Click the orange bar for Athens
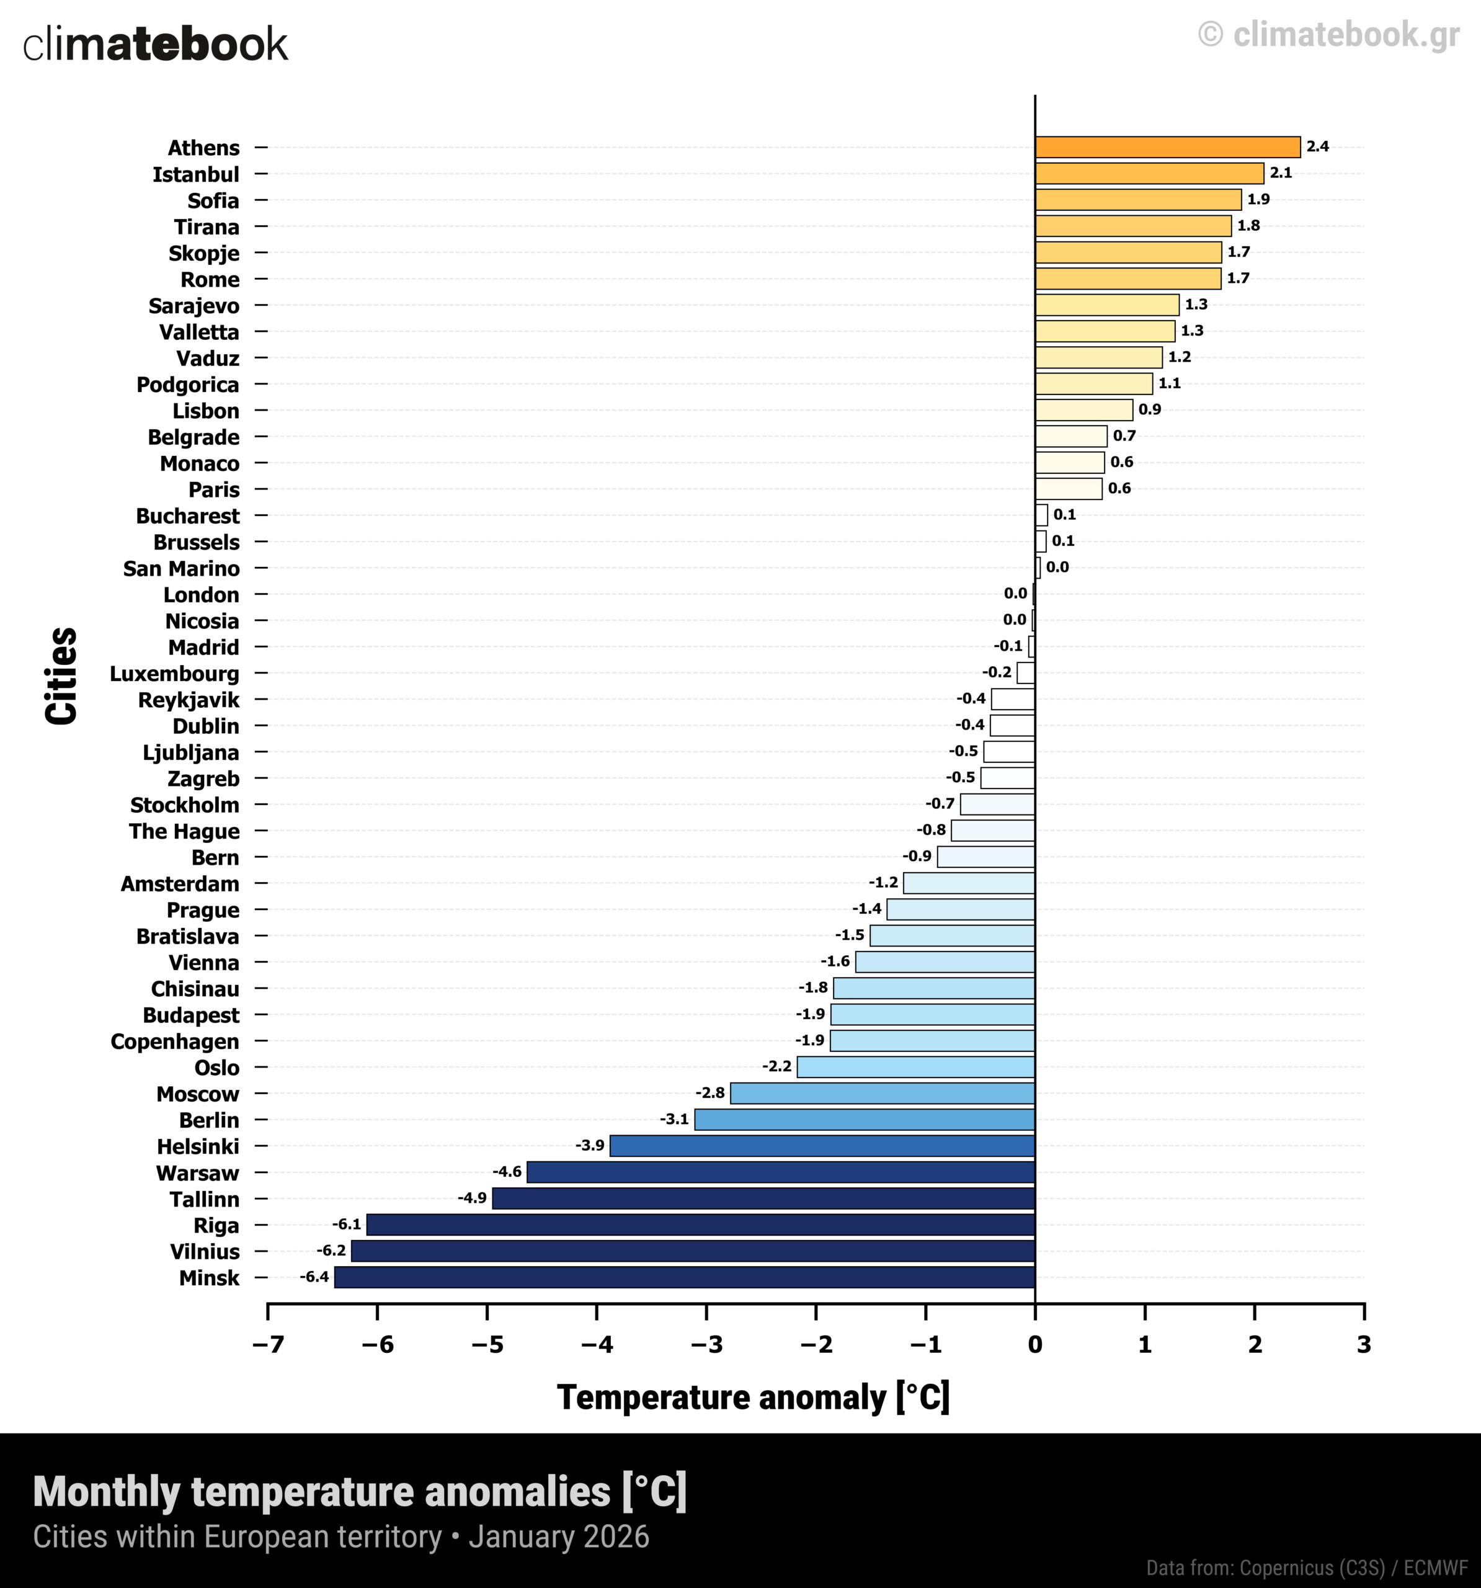(x=1167, y=147)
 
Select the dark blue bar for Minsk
(x=685, y=1277)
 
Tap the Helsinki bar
(x=822, y=1146)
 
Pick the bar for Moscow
(x=883, y=1093)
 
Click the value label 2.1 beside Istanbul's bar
(x=1281, y=173)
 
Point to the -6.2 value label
(x=331, y=1250)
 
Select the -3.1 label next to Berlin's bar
(x=674, y=1119)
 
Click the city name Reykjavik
(x=189, y=700)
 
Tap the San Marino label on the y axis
(x=181, y=569)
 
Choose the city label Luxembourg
(x=174, y=674)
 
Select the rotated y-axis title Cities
(x=61, y=676)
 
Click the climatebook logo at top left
(x=155, y=45)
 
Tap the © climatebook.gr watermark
(x=1328, y=34)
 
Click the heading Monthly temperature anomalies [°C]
(x=360, y=1492)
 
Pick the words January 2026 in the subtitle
(x=559, y=1538)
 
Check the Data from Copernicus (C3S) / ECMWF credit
(x=1307, y=1568)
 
